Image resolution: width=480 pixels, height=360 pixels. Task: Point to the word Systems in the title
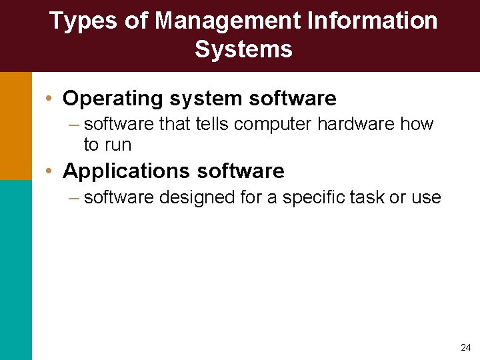click(x=243, y=49)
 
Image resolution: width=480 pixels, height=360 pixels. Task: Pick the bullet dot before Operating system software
click(x=50, y=99)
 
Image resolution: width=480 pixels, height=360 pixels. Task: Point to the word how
click(x=419, y=124)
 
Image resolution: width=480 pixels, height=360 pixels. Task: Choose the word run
click(x=118, y=144)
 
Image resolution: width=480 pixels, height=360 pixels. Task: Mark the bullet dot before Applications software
click(x=50, y=171)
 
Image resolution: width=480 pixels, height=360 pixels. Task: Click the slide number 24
click(x=465, y=347)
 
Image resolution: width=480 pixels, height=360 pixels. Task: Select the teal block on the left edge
click(x=15, y=269)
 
